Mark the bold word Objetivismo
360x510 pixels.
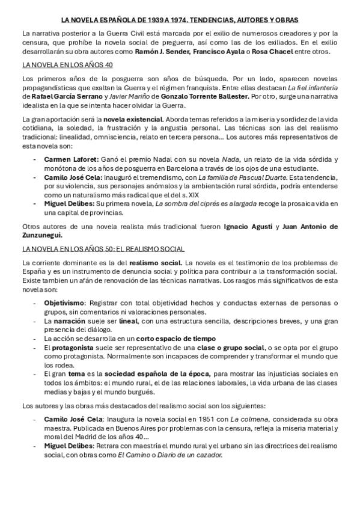click(65, 303)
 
